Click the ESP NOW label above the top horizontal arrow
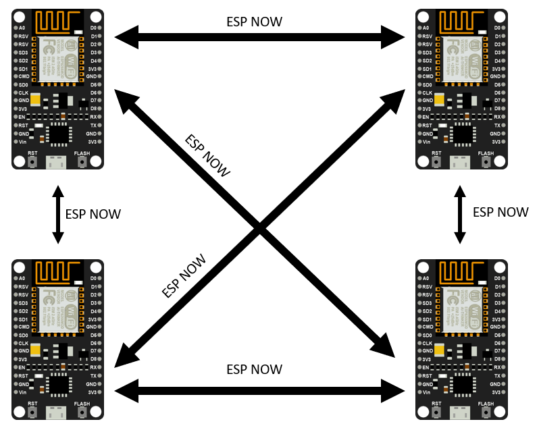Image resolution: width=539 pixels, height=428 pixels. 254,22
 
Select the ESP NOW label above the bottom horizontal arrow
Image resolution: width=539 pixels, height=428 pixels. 254,369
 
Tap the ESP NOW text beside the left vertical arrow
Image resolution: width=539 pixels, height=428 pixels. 93,214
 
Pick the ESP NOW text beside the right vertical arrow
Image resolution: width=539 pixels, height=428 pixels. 500,212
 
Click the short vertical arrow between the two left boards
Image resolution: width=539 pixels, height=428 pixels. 58,215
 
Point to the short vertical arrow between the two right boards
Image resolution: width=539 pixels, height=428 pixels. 461,215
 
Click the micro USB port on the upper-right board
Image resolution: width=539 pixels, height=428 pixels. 461,161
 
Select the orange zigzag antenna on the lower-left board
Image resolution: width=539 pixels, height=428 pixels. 57,271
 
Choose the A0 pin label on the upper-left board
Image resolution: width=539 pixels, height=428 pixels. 22,28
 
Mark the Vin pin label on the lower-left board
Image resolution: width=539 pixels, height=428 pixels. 22,392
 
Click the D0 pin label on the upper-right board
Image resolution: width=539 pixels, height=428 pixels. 498,28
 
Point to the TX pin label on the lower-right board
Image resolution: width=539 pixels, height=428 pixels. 498,375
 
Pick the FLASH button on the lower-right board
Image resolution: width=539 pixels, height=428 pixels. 486,411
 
